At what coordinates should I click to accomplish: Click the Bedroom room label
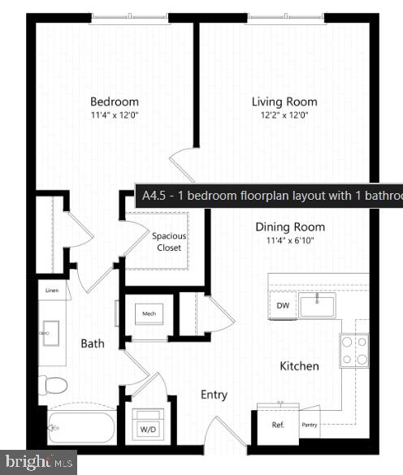pyautogui.click(x=114, y=101)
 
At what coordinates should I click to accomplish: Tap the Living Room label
pyautogui.click(x=284, y=101)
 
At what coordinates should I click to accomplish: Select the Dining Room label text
pyautogui.click(x=290, y=227)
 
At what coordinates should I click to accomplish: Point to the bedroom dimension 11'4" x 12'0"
pyautogui.click(x=114, y=115)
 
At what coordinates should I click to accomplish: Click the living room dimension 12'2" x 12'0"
pyautogui.click(x=284, y=115)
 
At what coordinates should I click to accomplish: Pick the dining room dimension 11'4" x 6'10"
pyautogui.click(x=290, y=240)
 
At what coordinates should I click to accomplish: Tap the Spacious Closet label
pyautogui.click(x=169, y=241)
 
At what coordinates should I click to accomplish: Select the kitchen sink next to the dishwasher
pyautogui.click(x=316, y=306)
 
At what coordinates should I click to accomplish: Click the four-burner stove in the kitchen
pyautogui.click(x=353, y=351)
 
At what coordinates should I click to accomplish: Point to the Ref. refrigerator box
pyautogui.click(x=278, y=424)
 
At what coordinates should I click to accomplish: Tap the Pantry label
pyautogui.click(x=309, y=424)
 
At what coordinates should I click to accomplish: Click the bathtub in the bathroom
pyautogui.click(x=81, y=425)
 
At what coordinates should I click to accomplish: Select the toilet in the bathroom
pyautogui.click(x=53, y=385)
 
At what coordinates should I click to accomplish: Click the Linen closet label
pyautogui.click(x=51, y=290)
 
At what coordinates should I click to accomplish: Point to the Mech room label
pyautogui.click(x=149, y=313)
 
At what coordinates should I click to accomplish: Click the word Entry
pyautogui.click(x=214, y=395)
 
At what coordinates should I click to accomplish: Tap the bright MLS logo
pyautogui.click(x=38, y=463)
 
